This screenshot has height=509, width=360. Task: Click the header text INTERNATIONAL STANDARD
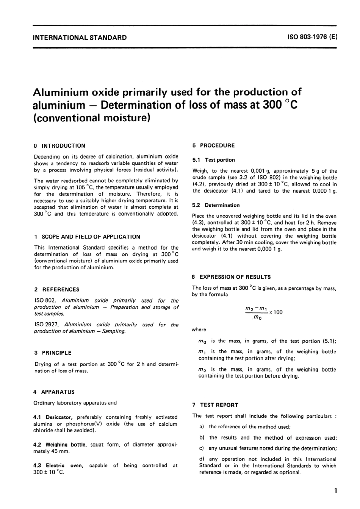tap(80, 37)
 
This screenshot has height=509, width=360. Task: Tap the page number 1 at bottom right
tap(335, 491)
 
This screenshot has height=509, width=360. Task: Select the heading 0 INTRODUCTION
tap(59, 146)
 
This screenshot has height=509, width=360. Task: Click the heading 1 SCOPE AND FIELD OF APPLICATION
tap(87, 237)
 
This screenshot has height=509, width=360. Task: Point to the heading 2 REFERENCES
tap(57, 289)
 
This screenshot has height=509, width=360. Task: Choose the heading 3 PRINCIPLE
tap(53, 353)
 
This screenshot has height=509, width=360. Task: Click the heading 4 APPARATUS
tap(54, 392)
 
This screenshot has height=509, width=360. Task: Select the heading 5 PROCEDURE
tap(213, 145)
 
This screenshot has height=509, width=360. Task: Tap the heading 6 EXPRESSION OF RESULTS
tap(231, 277)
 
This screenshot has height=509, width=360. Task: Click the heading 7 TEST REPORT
tap(215, 405)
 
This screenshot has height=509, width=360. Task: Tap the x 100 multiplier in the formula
tap(276, 312)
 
